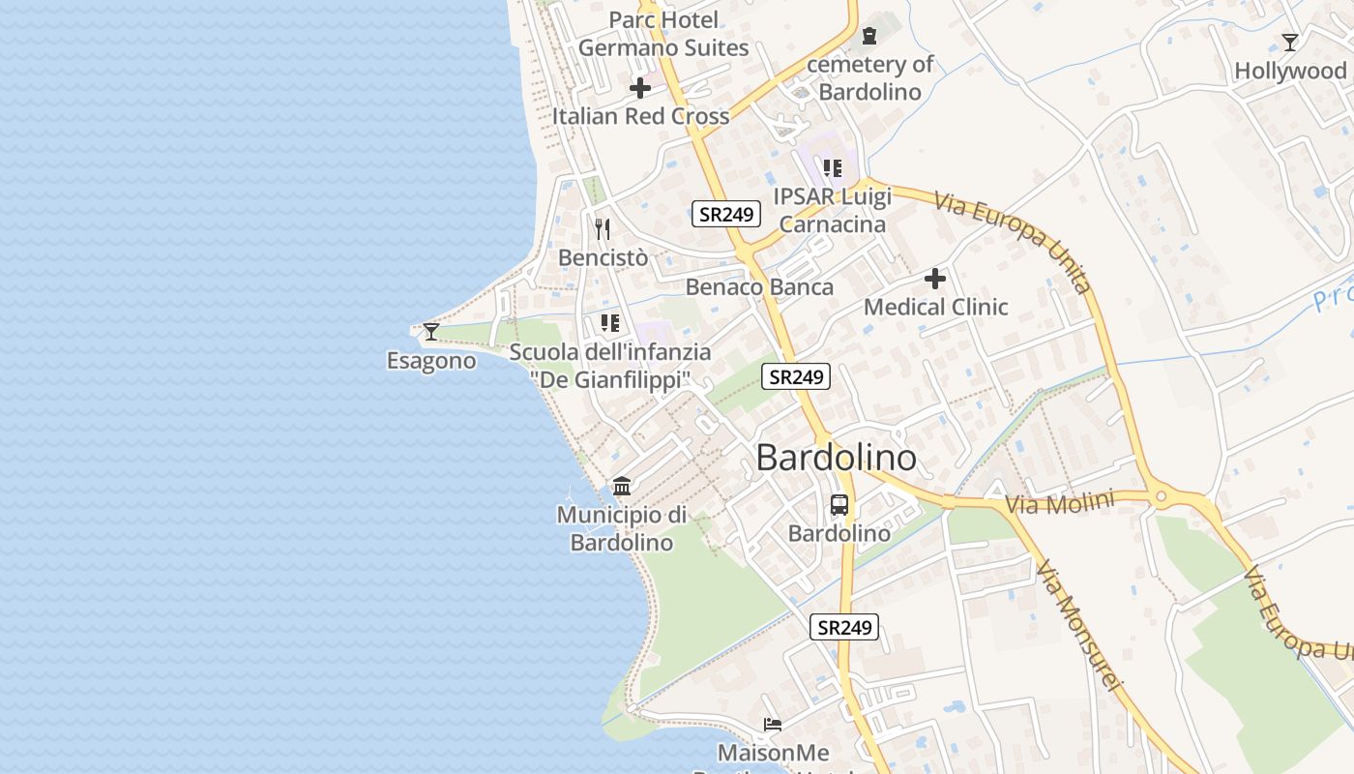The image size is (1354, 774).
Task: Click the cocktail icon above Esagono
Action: tap(431, 332)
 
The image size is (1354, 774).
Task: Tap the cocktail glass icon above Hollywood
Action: tap(1289, 43)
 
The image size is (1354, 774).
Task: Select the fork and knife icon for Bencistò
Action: tap(603, 229)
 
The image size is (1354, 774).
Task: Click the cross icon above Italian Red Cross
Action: tap(640, 88)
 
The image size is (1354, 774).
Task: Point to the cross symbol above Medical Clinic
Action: tap(934, 279)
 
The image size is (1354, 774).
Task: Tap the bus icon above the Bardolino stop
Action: tap(839, 505)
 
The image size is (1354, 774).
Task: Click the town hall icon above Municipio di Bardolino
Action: tap(622, 486)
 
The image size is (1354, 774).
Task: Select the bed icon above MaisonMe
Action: tap(772, 725)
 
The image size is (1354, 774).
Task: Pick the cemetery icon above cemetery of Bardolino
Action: tap(869, 37)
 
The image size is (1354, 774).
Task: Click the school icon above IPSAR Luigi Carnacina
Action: tap(833, 168)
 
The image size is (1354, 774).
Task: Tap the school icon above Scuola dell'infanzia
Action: tap(609, 322)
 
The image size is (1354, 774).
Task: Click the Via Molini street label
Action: tap(1059, 503)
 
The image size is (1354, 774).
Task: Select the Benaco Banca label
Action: tap(759, 287)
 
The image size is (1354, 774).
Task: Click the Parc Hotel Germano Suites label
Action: tap(663, 34)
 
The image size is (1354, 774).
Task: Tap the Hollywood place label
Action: tap(1290, 71)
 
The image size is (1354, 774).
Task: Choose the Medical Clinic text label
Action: tap(935, 308)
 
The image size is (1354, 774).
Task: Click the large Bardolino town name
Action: tap(836, 458)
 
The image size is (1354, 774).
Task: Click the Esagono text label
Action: tap(431, 361)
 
